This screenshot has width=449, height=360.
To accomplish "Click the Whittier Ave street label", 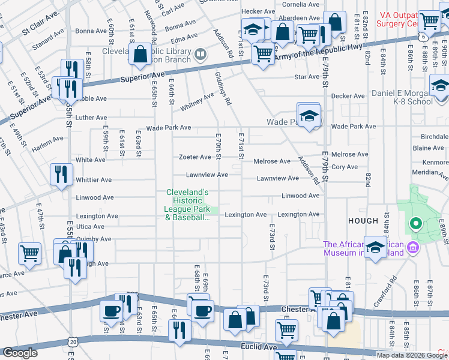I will (x=94, y=179).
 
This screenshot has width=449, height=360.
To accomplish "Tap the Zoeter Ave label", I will (x=195, y=157).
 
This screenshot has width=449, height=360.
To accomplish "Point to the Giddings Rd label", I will (x=223, y=89).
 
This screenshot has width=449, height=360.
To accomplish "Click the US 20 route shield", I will (x=73, y=341).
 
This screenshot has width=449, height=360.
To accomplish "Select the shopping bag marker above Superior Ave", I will (x=140, y=55).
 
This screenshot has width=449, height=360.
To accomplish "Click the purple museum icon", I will (x=412, y=247).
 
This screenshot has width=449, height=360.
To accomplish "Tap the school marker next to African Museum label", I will (x=376, y=248).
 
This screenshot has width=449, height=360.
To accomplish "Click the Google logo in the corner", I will (x=20, y=353).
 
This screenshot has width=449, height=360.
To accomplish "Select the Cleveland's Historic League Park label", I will (x=187, y=205).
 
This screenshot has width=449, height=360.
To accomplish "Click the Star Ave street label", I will (x=306, y=77).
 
